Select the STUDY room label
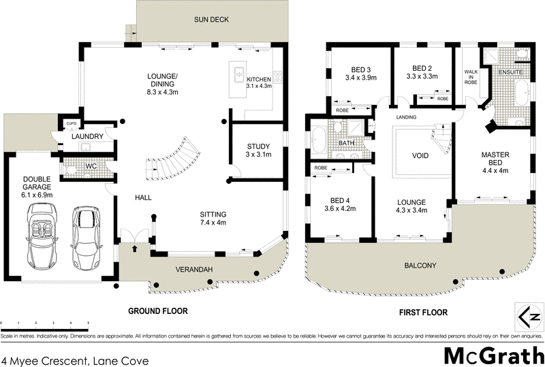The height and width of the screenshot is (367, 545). click(258, 146)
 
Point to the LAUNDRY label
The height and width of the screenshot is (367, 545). click(87, 137)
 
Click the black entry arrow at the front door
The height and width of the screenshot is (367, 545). click(134, 249)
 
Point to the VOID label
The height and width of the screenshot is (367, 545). click(421, 156)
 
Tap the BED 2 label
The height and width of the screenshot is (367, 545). click(423, 68)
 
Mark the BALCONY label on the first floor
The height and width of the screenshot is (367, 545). click(421, 265)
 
